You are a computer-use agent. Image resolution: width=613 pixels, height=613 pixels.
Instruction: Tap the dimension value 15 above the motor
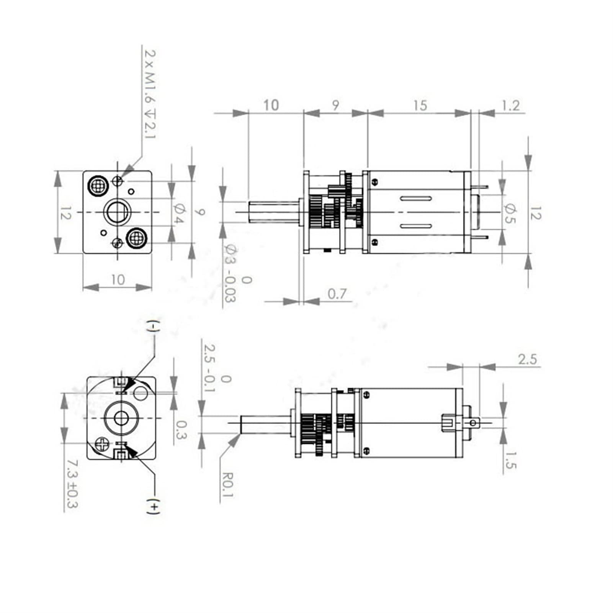[x=420, y=105]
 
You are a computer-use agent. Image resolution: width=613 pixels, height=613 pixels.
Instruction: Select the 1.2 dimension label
[x=510, y=105]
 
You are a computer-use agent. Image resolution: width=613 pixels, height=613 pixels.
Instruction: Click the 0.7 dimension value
[x=337, y=294]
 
